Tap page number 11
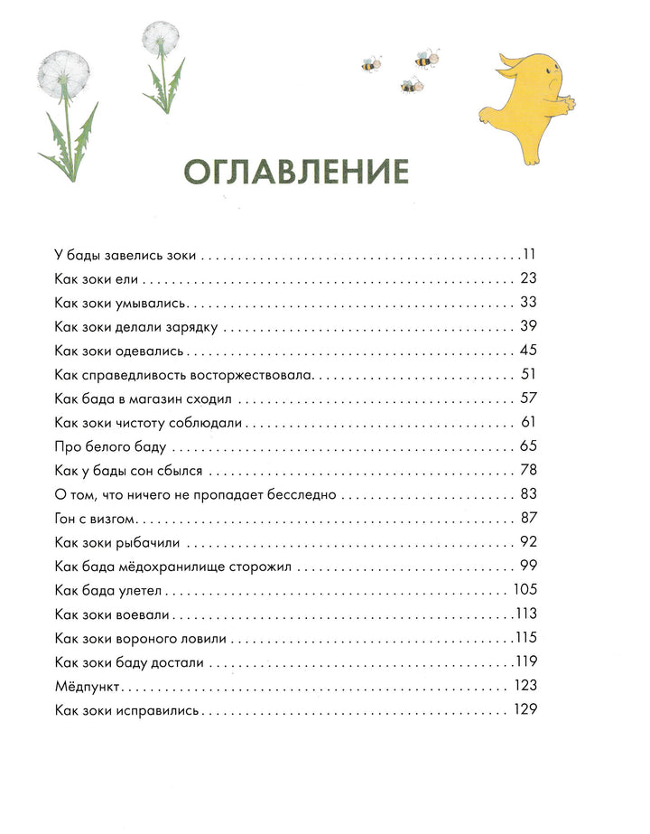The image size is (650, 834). click(529, 254)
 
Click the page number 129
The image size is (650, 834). click(525, 709)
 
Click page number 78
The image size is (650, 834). click(529, 470)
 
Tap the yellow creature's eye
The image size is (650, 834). click(546, 80)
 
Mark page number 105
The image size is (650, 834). click(525, 590)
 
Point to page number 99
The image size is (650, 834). click(529, 567)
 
